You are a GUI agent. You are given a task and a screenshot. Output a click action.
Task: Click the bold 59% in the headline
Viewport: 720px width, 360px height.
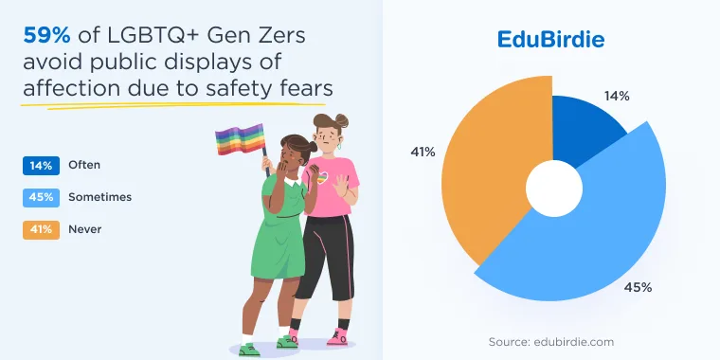pyautogui.click(x=46, y=35)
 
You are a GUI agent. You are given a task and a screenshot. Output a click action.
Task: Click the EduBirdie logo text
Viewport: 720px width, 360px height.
pyautogui.click(x=550, y=40)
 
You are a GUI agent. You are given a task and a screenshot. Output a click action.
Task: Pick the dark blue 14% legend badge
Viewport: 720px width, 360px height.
pyautogui.click(x=42, y=166)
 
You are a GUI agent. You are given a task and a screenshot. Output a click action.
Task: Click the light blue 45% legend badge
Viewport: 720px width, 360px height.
pyautogui.click(x=42, y=197)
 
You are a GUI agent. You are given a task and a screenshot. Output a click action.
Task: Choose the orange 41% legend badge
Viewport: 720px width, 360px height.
pyautogui.click(x=42, y=229)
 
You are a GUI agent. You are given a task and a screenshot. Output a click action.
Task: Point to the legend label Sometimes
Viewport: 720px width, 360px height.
pyautogui.click(x=100, y=197)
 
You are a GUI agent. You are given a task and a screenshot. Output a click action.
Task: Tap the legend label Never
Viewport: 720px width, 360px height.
pyautogui.click(x=85, y=229)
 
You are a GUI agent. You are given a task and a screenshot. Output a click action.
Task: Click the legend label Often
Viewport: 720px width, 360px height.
pyautogui.click(x=84, y=165)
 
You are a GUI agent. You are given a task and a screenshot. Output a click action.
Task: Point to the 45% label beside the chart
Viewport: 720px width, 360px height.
pyautogui.click(x=638, y=288)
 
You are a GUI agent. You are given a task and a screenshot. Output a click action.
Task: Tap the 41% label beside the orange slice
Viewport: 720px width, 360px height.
pyautogui.click(x=423, y=152)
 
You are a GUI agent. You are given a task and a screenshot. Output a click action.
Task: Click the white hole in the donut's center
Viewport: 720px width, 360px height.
pyautogui.click(x=554, y=189)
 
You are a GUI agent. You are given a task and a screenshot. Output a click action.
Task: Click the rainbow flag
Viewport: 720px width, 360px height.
pyautogui.click(x=241, y=139)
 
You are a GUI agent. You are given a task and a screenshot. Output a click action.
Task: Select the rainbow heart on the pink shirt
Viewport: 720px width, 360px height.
pyautogui.click(x=323, y=177)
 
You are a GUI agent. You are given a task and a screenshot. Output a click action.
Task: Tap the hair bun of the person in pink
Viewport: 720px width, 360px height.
pyautogui.click(x=342, y=120)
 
